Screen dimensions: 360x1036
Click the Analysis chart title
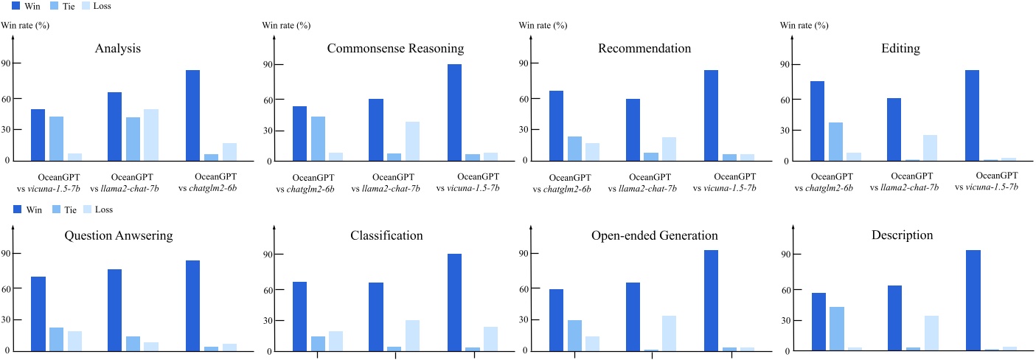point(118,49)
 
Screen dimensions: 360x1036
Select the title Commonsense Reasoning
point(395,49)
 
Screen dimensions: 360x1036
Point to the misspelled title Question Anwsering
point(119,235)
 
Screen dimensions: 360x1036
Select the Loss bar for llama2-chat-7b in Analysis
point(151,135)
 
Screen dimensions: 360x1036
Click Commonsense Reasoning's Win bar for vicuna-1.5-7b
point(454,112)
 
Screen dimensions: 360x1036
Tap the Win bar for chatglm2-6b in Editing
point(817,121)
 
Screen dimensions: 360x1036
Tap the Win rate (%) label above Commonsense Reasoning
point(286,25)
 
